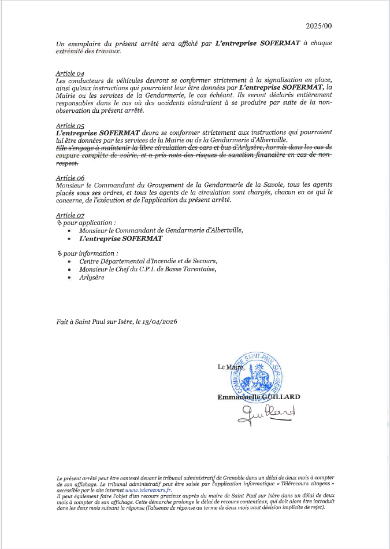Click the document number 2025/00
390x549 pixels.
point(319,26)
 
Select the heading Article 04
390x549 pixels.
point(70,73)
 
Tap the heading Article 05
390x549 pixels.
point(70,125)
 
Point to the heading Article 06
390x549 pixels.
point(70,178)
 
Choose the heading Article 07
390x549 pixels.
point(70,215)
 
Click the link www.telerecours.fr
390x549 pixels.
point(143,489)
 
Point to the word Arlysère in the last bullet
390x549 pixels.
point(92,277)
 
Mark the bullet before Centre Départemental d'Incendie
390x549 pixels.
point(70,261)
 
